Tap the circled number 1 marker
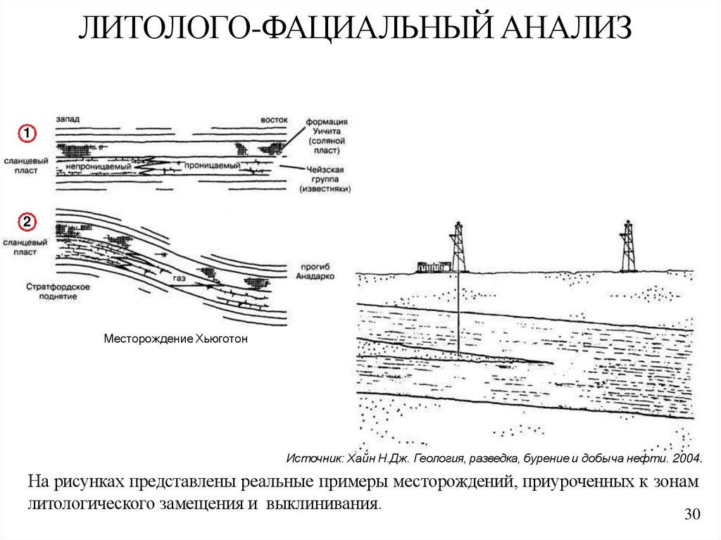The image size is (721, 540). [x=26, y=132]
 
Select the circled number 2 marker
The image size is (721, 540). [x=26, y=222]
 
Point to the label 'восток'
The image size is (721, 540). [x=272, y=120]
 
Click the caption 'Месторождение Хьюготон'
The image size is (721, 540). [x=176, y=339]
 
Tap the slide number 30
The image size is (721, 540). [x=693, y=515]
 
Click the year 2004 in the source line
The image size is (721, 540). [x=686, y=459]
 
